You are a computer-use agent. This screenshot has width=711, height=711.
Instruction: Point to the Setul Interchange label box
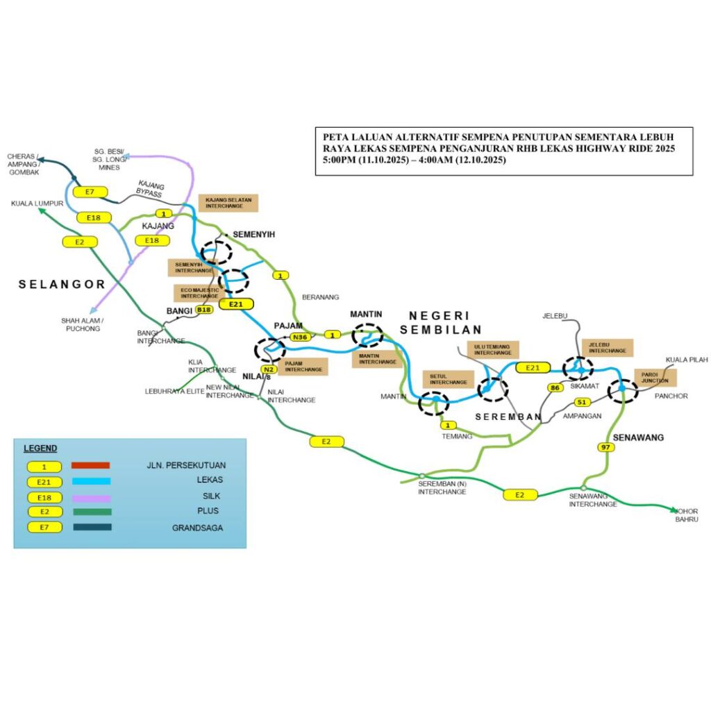click(449, 378)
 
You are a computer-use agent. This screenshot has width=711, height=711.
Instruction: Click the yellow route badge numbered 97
click(606, 447)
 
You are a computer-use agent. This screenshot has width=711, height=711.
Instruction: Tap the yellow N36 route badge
click(300, 337)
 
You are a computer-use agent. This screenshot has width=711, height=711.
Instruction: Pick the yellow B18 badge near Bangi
click(203, 310)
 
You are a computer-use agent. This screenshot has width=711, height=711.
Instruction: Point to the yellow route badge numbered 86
click(555, 387)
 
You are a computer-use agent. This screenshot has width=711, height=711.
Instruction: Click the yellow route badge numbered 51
click(583, 402)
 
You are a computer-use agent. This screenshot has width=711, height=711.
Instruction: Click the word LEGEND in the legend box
click(40, 449)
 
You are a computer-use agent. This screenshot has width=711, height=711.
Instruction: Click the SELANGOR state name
click(62, 284)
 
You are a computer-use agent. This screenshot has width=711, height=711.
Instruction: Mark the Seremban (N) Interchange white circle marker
click(421, 476)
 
